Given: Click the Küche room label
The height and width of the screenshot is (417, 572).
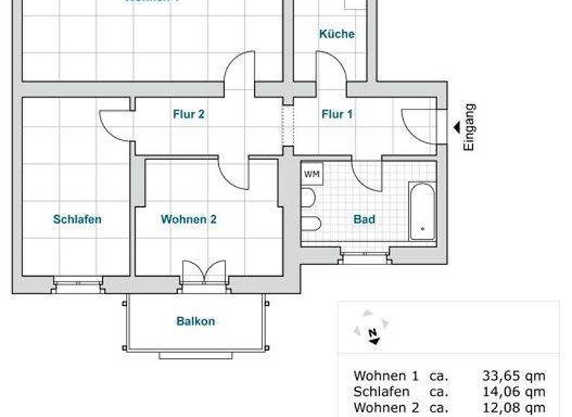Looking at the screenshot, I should click(337, 34).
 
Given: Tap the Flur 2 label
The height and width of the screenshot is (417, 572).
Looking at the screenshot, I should click(189, 114).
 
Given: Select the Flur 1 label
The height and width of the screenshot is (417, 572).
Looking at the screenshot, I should click(337, 114).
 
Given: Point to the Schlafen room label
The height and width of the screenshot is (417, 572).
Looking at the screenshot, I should click(77, 220).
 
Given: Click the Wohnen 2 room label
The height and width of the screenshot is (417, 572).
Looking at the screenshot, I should click(188, 220).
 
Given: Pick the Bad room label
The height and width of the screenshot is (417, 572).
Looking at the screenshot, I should click(364, 220).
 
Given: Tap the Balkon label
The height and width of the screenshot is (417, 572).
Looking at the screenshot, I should click(196, 322).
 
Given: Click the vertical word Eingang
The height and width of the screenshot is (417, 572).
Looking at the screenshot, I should click(468, 127).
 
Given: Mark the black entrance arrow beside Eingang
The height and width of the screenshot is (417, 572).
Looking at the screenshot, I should click(456, 127).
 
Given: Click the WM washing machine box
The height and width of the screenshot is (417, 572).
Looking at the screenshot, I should click(312, 174).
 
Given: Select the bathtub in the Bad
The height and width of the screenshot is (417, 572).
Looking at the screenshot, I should click(422, 211).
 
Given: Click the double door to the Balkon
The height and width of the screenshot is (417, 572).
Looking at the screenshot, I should click(203, 273).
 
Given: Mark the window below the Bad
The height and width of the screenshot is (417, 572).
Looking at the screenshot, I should click(363, 258).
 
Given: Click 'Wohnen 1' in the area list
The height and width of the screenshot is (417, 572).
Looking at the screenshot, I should click(386, 376).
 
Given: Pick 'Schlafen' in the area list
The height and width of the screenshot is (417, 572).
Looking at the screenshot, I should click(381, 392).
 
